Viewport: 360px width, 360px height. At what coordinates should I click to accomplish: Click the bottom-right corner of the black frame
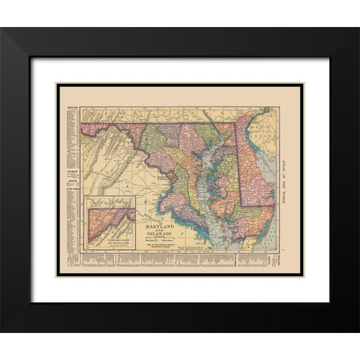(358, 330)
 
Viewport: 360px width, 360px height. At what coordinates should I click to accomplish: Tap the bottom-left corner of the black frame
(2, 330)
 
